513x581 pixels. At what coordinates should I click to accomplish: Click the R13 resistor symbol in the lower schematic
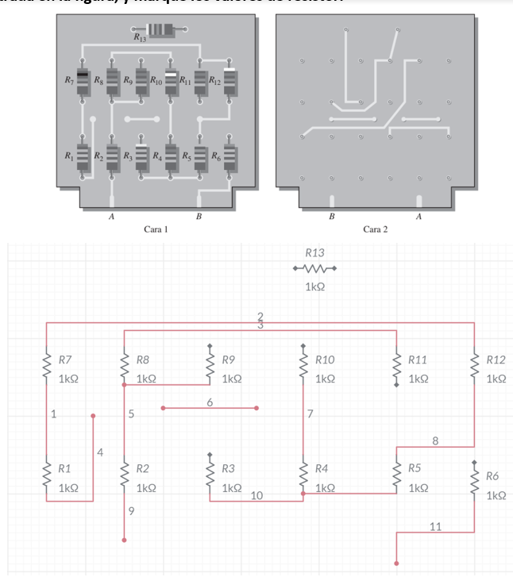314,267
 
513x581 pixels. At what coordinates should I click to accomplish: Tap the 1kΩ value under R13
314,286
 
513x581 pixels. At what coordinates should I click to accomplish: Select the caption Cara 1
156,229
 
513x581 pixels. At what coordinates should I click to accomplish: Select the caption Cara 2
375,229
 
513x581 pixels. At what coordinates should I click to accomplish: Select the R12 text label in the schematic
496,360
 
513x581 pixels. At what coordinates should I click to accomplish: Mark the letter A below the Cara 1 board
110,215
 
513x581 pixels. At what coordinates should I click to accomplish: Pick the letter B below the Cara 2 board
332,215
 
